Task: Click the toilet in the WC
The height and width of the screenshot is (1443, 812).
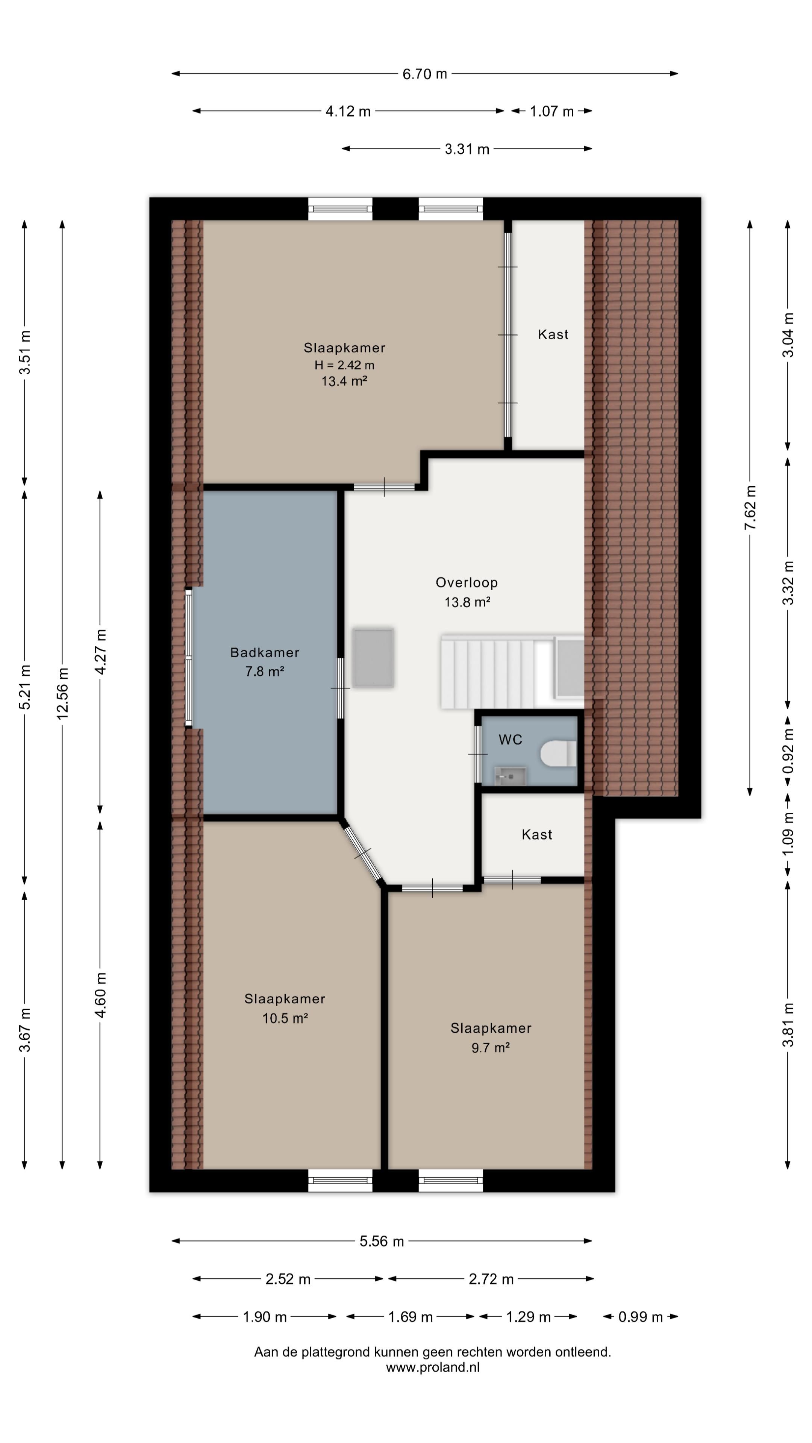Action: pos(559,753)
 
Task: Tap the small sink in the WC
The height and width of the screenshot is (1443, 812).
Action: pos(510,776)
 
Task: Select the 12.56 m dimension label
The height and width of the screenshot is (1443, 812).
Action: pos(62,693)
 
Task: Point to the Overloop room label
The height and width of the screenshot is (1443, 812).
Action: pos(467,582)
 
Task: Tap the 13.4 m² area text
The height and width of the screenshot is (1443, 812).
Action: pos(344,381)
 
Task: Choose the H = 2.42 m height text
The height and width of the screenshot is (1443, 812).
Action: pos(344,365)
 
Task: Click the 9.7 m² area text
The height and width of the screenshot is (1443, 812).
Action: pos(490,1048)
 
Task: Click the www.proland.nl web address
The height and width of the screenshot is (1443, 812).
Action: pos(433,1367)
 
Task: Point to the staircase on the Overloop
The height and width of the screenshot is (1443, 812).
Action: pos(512,671)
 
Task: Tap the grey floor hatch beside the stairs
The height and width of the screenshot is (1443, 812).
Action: pos(373,658)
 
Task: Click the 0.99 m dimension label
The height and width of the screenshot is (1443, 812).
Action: pos(641,1317)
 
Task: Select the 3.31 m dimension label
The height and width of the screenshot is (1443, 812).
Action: pos(467,149)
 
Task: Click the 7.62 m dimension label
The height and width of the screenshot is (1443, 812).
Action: pos(750,508)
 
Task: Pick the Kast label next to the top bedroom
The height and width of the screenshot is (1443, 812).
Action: pos(553,334)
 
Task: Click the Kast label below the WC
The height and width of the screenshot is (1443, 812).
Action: pos(537,835)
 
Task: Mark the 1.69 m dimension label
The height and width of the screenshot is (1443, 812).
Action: pos(410,1317)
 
